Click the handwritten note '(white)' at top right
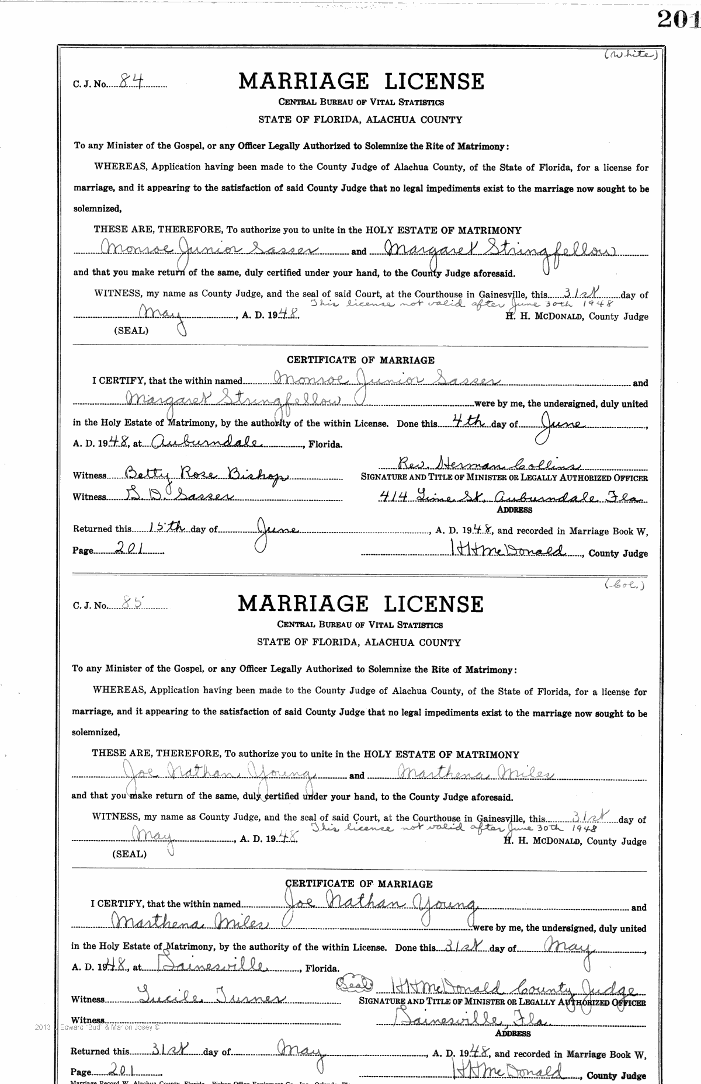[631, 55]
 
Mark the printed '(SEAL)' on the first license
[131, 330]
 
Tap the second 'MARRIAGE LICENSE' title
[360, 603]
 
